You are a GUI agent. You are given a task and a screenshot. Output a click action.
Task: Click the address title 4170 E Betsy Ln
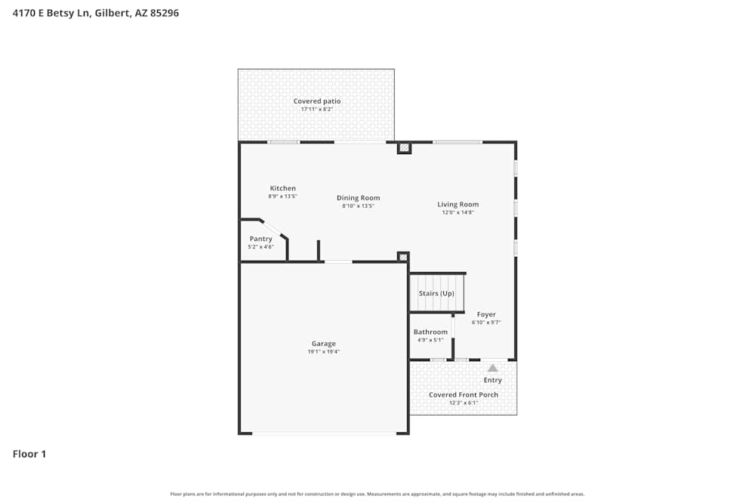point(96,13)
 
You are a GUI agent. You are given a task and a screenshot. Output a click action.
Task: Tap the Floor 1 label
point(29,454)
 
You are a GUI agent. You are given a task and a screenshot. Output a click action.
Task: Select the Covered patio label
point(317,101)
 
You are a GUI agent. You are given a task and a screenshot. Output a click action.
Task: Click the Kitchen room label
point(283,188)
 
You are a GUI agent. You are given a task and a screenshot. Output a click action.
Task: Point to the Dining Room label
point(359,198)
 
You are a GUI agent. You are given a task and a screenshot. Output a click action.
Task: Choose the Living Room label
point(458,204)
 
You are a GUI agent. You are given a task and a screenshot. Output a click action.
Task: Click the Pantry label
point(261,239)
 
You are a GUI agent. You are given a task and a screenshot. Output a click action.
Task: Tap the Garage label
point(324,344)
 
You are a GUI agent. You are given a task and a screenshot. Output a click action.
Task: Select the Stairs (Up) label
point(436,293)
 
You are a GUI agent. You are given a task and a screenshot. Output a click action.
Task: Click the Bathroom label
point(430,332)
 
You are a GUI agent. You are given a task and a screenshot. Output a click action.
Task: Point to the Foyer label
point(486,314)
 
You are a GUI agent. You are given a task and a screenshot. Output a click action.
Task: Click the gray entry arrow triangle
point(492,368)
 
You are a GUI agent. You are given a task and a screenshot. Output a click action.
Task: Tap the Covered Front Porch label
point(464,394)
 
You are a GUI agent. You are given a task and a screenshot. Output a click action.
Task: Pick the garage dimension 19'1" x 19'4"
point(324,352)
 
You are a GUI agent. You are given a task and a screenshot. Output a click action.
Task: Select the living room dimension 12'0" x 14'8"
point(458,212)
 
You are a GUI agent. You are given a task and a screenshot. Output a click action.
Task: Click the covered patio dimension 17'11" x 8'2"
point(317,110)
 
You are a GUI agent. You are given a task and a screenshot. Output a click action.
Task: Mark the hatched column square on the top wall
point(404,148)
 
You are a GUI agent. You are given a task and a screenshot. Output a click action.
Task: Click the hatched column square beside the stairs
point(403,258)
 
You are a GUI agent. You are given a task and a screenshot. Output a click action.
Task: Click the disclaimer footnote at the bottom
point(377,494)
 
